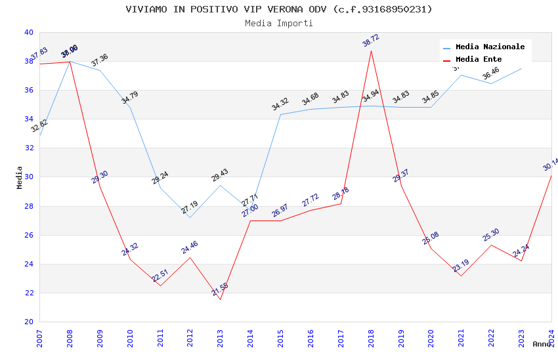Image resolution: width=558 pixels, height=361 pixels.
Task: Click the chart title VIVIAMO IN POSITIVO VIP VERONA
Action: [279, 9]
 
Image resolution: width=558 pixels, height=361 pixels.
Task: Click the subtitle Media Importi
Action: [279, 23]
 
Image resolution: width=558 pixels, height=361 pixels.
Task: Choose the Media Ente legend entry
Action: [479, 59]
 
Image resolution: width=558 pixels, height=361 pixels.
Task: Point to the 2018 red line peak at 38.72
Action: [371, 51]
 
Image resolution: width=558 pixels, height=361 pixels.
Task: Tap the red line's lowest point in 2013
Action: [220, 299]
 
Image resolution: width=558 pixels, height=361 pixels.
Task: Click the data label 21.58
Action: [221, 289]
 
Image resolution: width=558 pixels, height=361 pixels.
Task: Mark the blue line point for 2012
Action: [190, 217]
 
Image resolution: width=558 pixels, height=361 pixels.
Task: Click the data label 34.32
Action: [280, 104]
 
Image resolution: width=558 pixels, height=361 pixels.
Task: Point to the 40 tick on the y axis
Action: [28, 32]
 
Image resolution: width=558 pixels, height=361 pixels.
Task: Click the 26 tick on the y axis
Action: [28, 235]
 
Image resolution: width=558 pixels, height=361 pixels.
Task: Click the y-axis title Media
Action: [20, 177]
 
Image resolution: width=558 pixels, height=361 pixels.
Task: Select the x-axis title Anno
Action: [542, 344]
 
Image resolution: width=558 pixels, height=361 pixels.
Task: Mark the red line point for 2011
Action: [160, 286]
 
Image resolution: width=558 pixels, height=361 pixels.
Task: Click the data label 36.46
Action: [490, 74]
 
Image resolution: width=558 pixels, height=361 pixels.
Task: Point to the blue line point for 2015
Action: [280, 115]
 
